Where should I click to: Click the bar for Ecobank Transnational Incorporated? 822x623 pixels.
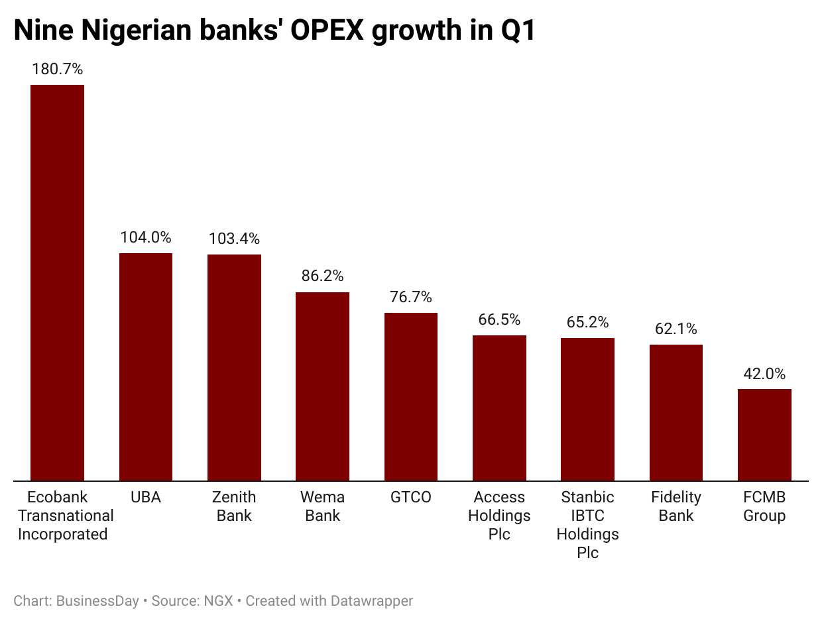coord(57,282)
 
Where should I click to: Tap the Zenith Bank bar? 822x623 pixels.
coord(234,367)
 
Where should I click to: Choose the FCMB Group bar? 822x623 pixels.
coord(764,435)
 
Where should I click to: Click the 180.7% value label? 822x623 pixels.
coord(57,69)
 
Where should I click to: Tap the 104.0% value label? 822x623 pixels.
coord(146,237)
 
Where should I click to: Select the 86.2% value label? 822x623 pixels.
coord(322,276)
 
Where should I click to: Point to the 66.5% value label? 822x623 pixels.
coord(499,319)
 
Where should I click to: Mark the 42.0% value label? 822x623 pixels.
coord(764,373)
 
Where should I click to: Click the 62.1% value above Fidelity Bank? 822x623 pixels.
coord(675,329)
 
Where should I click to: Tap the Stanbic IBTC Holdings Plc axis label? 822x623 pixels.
coord(587,525)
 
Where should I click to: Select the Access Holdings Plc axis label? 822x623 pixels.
coord(499,516)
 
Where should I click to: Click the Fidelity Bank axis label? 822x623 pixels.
coord(675,506)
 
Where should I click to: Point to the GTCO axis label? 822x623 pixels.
coord(411,497)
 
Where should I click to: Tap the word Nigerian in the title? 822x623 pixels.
coord(141,30)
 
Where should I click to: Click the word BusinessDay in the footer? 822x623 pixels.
coord(97,601)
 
